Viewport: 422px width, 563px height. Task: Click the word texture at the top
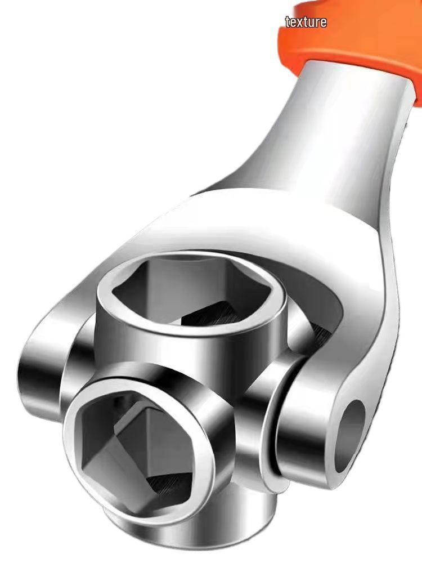306,23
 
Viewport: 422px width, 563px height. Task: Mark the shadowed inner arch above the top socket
315,281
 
